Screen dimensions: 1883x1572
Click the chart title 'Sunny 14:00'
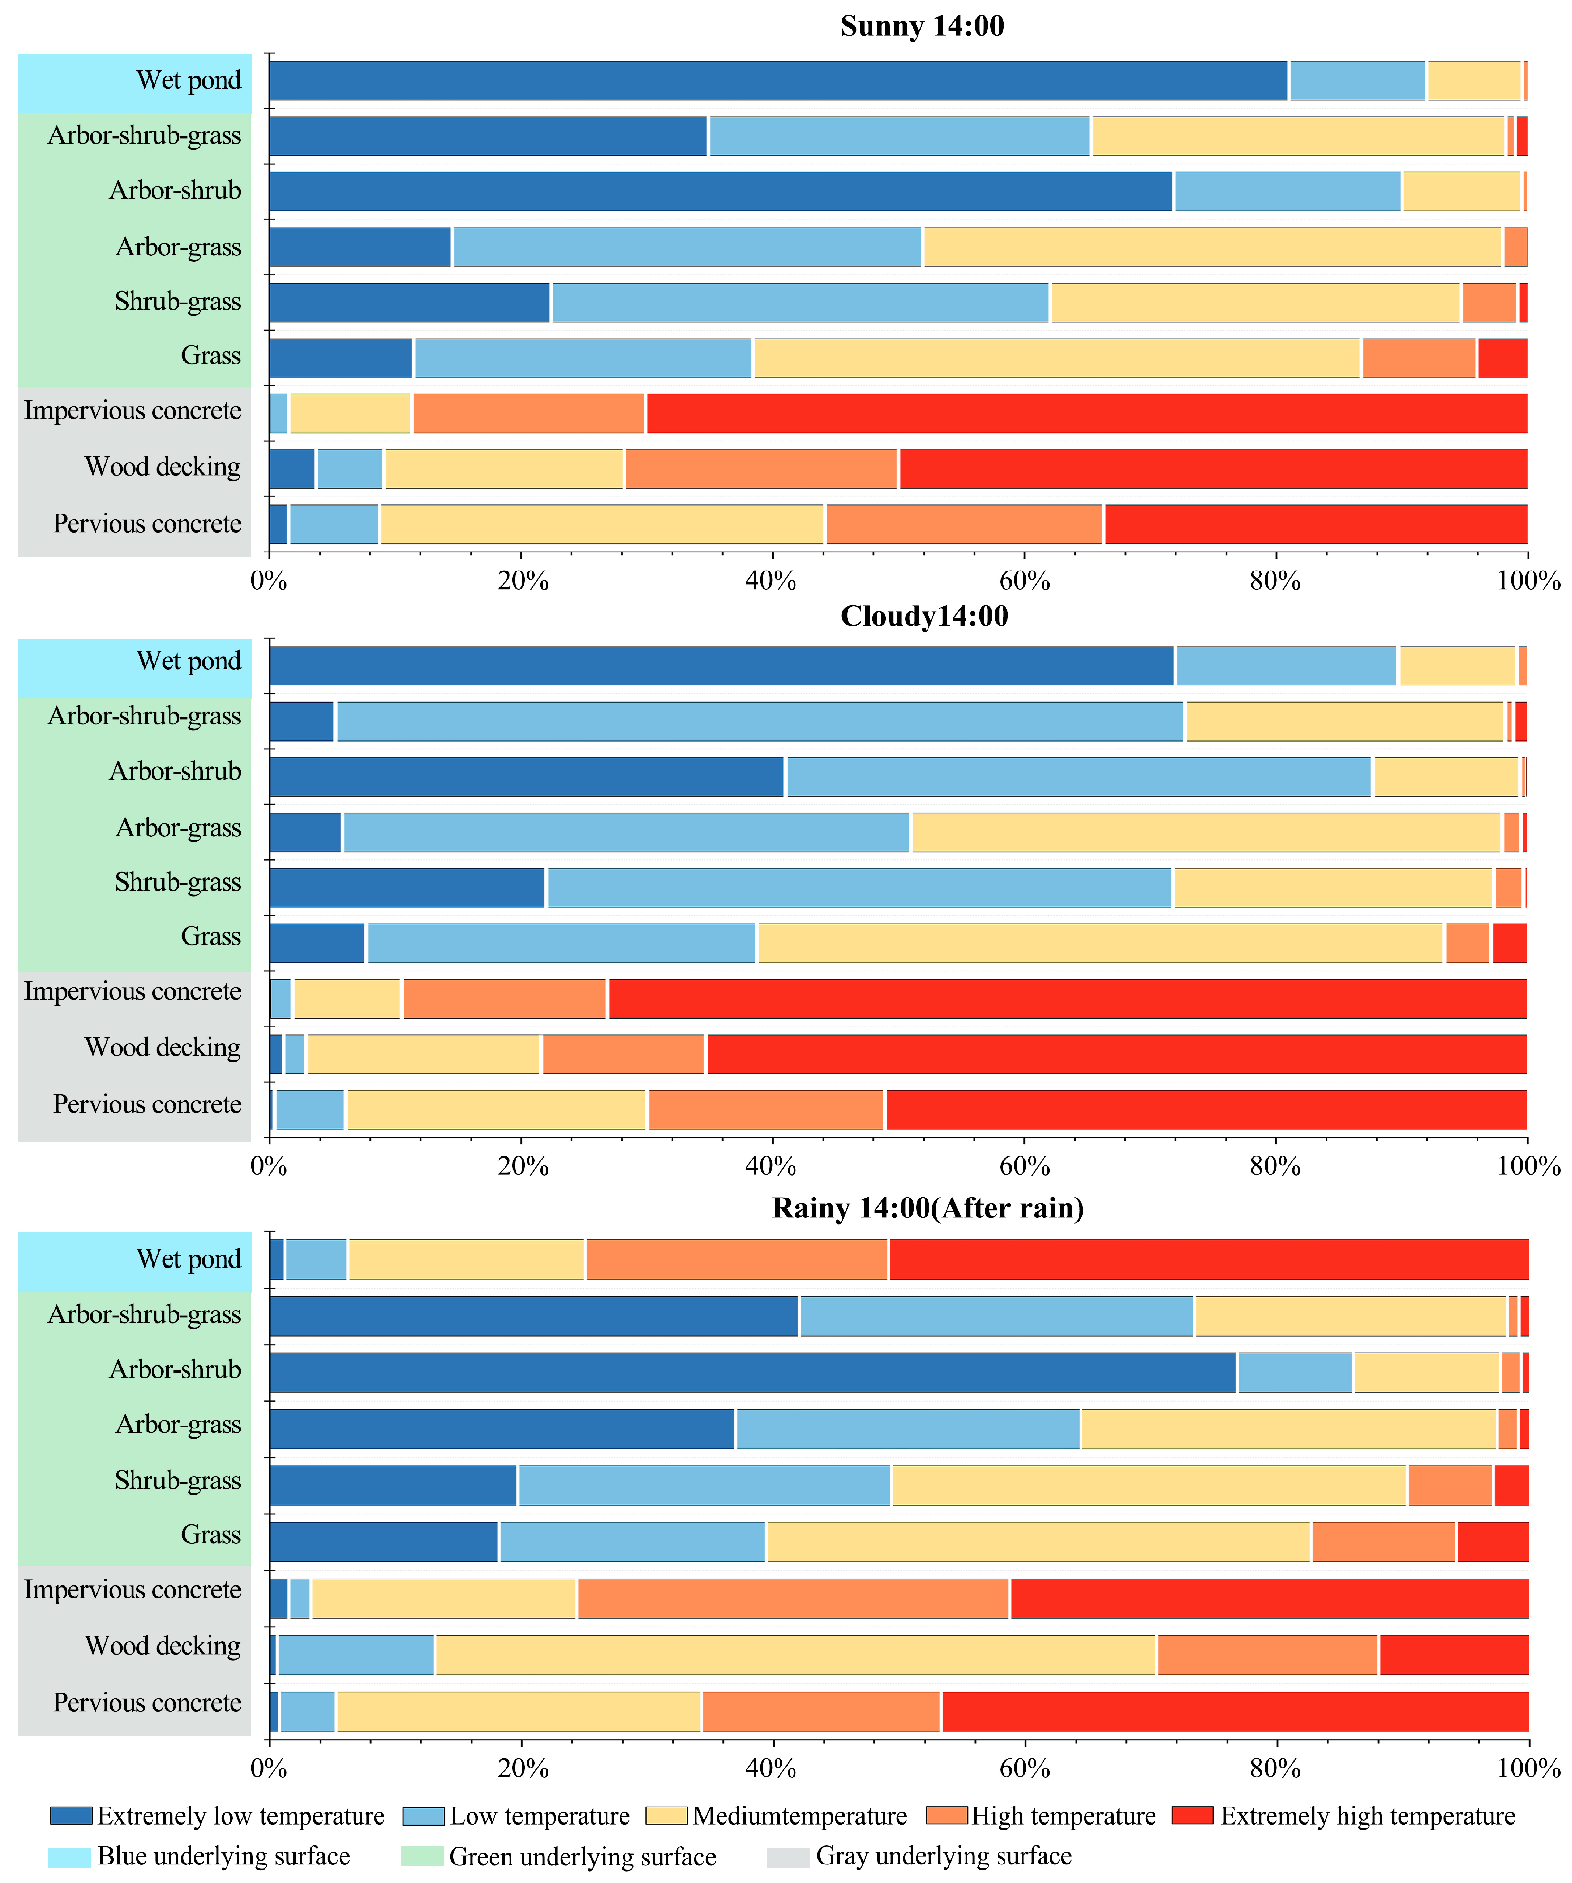(x=922, y=26)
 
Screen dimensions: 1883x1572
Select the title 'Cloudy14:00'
(x=924, y=616)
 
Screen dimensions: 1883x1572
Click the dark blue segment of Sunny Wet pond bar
(x=777, y=81)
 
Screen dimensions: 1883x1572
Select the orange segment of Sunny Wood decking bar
(x=761, y=469)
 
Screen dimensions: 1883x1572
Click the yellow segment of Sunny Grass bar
(x=1057, y=358)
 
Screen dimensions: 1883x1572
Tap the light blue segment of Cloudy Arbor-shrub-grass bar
(x=759, y=721)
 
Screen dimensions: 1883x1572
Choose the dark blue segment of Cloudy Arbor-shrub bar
(x=527, y=777)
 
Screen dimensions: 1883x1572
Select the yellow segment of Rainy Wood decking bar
(x=795, y=1655)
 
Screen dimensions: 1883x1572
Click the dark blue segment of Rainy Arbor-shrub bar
(x=752, y=1373)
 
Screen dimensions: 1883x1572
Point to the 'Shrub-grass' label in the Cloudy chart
(x=177, y=882)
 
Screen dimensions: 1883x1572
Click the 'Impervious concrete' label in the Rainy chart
(x=133, y=1590)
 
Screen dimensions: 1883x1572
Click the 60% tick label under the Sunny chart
(x=1024, y=581)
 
